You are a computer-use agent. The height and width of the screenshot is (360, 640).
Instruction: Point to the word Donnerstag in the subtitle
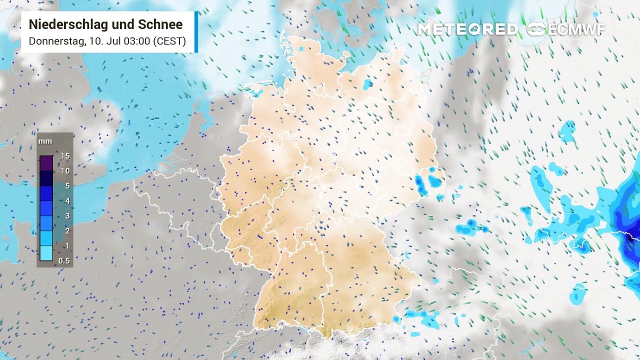[x=56, y=41]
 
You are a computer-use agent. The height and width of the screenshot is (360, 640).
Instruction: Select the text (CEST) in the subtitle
[x=170, y=41]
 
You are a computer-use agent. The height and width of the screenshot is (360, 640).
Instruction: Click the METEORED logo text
[x=467, y=29]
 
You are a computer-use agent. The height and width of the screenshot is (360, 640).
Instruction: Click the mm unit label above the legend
[x=45, y=141]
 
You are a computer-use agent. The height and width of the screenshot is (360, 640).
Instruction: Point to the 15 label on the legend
[x=65, y=156]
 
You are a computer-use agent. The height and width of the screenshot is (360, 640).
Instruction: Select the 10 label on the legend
[x=65, y=171]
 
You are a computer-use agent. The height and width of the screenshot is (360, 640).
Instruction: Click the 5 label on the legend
[x=67, y=186]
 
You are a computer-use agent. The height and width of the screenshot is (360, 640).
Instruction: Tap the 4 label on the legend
[x=67, y=201]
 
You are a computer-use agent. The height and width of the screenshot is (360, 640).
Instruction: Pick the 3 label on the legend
[x=67, y=216]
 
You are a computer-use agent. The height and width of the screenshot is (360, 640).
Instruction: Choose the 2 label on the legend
[x=67, y=231]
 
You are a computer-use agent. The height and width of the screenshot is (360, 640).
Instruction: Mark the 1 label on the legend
[x=67, y=246]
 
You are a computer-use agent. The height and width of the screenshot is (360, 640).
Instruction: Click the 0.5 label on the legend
[x=64, y=261]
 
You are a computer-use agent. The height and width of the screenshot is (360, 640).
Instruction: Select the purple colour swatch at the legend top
[x=46, y=163]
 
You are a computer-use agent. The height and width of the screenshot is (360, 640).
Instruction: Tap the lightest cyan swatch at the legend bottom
[x=46, y=253]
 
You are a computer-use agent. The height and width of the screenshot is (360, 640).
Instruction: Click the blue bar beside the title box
[x=196, y=31]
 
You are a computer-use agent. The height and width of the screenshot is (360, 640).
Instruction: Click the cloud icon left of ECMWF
[x=536, y=29]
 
